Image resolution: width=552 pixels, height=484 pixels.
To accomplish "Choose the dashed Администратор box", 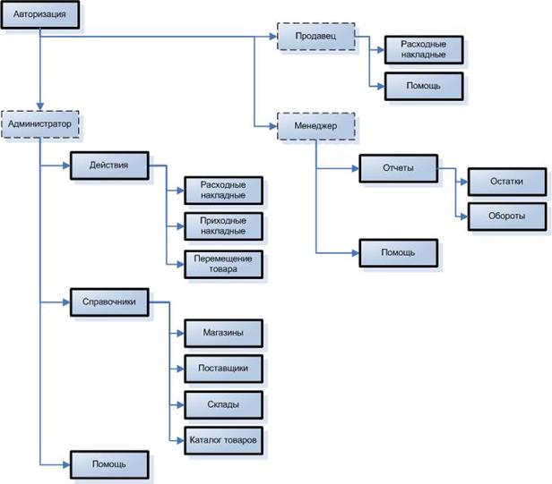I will [x=39, y=123].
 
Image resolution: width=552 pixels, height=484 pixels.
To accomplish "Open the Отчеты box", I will [x=397, y=168].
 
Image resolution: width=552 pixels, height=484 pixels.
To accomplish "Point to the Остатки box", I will [x=506, y=181].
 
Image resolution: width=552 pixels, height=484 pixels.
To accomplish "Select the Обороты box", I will [x=506, y=217].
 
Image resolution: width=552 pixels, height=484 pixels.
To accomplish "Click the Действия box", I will [x=109, y=166].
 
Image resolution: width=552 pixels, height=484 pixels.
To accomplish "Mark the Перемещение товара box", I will [x=223, y=263].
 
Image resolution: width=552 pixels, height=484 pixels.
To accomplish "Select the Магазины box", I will [x=223, y=333].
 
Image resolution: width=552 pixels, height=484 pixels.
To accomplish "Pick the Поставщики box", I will [x=223, y=369].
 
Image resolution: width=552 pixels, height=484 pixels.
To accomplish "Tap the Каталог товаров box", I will [x=223, y=441].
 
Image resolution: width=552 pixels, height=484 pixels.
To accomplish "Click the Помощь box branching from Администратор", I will [x=109, y=464].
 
